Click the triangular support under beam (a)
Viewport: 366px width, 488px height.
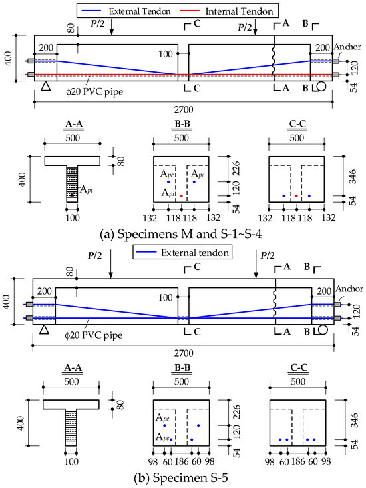[44, 86]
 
